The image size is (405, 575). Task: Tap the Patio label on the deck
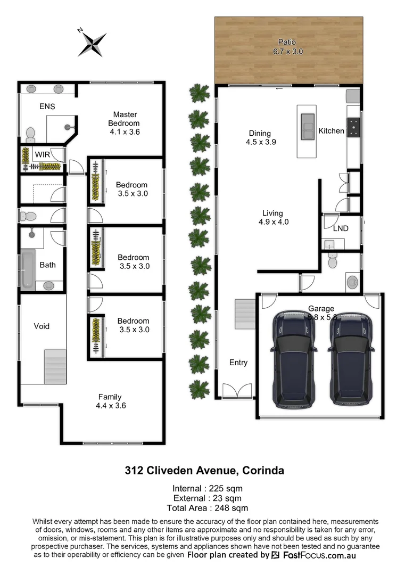[286, 42]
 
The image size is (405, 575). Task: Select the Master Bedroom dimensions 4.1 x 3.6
[125, 132]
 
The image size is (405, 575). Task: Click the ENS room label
[47, 106]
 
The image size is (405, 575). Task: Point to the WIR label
[43, 154]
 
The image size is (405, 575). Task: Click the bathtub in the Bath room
[26, 270]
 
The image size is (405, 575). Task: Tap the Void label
[42, 326]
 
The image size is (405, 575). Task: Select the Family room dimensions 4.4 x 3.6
[110, 406]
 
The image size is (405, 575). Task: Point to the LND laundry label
[341, 228]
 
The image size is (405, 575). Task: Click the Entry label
[238, 363]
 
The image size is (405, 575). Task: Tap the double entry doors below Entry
[237, 391]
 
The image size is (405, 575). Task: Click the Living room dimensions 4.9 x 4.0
[274, 222]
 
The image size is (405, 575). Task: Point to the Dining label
[260, 134]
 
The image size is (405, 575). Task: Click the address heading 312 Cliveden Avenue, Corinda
[204, 471]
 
